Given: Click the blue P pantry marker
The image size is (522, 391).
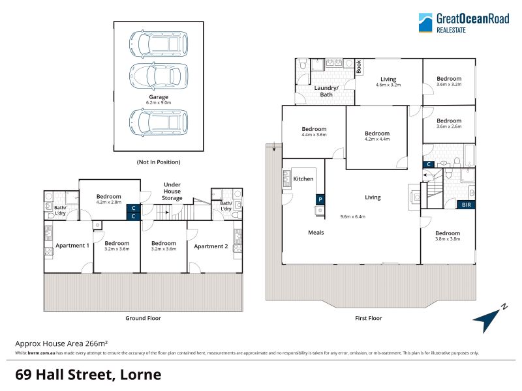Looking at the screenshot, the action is coord(320,199).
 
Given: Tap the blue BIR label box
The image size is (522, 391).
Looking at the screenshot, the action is coord(466,205).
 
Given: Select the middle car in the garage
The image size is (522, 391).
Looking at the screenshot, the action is coord(159,76).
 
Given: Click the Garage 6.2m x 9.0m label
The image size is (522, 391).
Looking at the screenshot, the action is coord(159,100).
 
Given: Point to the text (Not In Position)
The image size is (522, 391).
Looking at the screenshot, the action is coord(159,162).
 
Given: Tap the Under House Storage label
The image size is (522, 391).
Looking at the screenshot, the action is coord(172,191).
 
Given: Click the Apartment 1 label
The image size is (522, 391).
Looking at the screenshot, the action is coord(72,246).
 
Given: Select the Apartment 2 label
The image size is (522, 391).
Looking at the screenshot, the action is coord(211,246).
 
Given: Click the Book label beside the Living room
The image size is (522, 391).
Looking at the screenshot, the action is coord(358,66).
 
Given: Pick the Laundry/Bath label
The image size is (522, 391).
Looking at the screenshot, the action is coord(326,91).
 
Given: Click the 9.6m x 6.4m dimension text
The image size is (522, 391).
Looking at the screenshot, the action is coord(352,216).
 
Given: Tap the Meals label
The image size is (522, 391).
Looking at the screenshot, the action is coord(316,233).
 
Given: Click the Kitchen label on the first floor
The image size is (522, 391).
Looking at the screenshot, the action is coord(303,179).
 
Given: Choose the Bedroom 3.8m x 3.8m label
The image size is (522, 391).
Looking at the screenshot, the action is coord(448,236).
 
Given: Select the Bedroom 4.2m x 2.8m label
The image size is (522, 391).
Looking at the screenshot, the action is coord(109,199).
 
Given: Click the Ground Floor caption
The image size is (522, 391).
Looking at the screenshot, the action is coord(143,318).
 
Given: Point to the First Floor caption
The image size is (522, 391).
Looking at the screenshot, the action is coord(369,318).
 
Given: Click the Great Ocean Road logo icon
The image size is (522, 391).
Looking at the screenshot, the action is coord(425,23).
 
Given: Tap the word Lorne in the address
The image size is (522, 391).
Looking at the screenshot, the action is coord(140,375).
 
